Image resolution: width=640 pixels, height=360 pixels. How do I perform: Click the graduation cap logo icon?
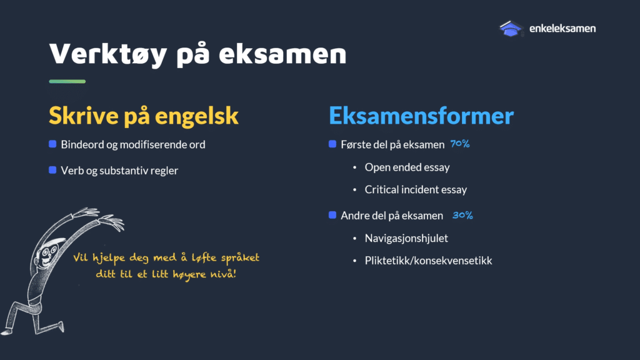click(511, 29)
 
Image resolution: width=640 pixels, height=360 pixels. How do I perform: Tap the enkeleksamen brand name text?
click(562, 29)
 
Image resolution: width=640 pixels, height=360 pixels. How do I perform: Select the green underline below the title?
click(67, 81)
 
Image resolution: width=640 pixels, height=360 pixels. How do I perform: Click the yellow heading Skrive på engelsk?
click(144, 116)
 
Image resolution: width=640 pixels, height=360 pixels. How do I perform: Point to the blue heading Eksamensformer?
click(421, 116)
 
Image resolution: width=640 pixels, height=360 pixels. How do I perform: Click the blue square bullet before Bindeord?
click(52, 144)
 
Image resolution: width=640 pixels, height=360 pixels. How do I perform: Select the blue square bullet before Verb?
click(52, 170)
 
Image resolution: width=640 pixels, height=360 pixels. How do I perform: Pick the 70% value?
click(460, 144)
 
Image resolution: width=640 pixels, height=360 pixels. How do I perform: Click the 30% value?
click(462, 215)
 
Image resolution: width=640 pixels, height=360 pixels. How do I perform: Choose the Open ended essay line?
click(407, 167)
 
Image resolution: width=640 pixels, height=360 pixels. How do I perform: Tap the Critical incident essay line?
click(416, 190)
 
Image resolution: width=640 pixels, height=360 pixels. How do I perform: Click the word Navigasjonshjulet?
click(406, 238)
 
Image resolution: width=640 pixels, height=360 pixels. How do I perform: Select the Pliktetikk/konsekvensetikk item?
click(428, 261)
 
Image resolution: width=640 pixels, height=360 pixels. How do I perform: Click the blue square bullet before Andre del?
click(332, 215)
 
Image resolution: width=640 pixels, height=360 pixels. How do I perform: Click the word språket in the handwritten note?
click(240, 258)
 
